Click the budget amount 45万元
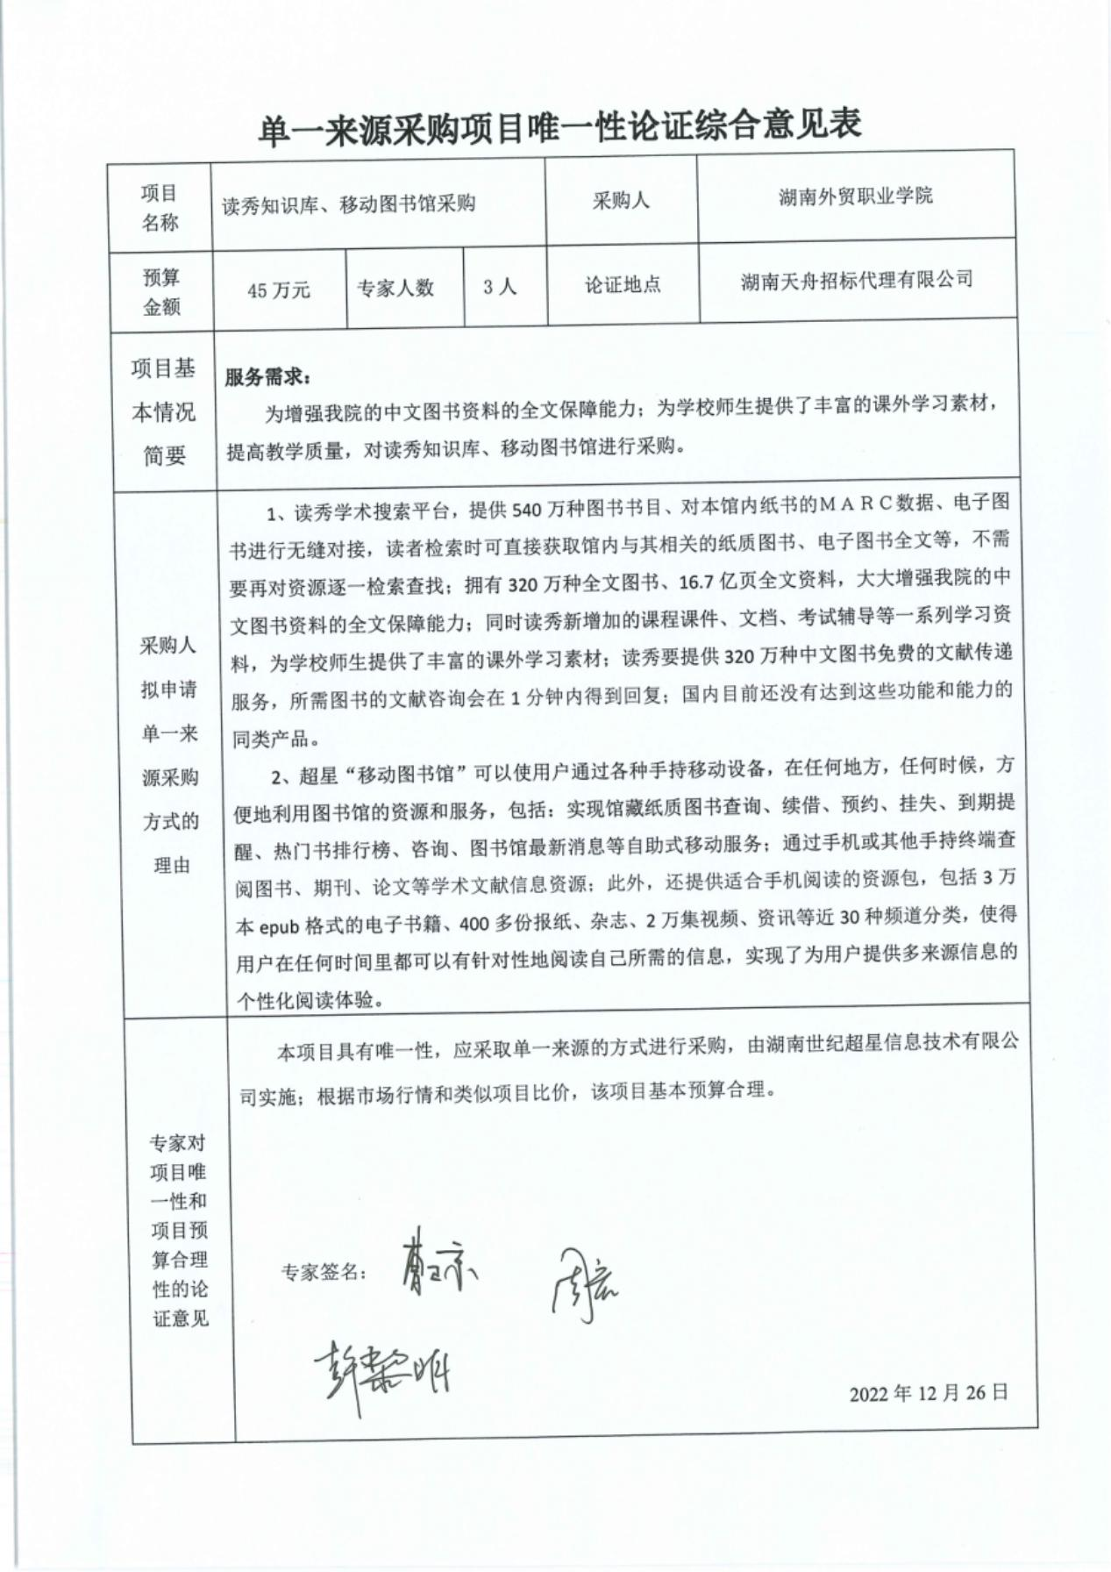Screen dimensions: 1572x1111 [x=278, y=289]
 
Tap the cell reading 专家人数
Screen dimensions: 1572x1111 [x=395, y=288]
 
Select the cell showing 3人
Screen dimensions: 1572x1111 [x=500, y=287]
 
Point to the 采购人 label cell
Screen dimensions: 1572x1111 [x=621, y=201]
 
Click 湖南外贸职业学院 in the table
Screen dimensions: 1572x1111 [x=855, y=196]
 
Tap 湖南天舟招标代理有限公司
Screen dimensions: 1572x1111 [x=857, y=281]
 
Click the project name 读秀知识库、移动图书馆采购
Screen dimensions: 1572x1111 [x=348, y=204]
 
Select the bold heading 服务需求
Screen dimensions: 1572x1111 [x=267, y=377]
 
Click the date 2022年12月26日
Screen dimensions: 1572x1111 [x=928, y=1392]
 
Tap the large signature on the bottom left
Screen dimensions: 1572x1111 [x=381, y=1372]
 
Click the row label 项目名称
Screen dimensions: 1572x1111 [x=159, y=207]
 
